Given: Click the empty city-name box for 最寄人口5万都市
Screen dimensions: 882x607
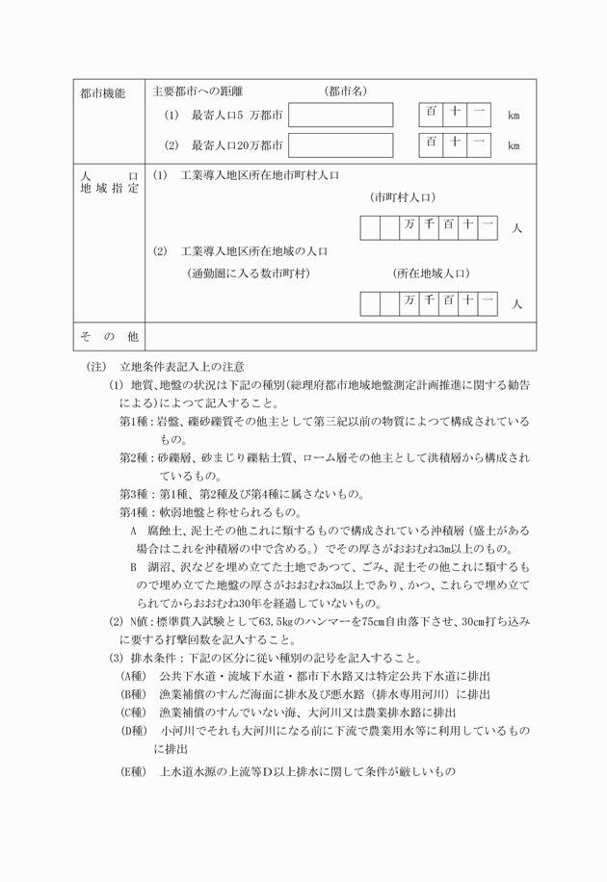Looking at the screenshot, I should pyautogui.click(x=340, y=115).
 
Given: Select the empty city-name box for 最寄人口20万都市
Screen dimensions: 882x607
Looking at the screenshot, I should pyautogui.click(x=340, y=145).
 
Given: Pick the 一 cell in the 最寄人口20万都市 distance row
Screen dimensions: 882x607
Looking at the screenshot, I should pyautogui.click(x=479, y=144).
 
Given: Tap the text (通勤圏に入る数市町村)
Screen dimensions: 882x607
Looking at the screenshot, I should pyautogui.click(x=249, y=273).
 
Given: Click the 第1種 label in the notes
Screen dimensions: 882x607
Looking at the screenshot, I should pyautogui.click(x=138, y=422).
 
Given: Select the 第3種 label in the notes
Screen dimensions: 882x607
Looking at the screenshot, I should pyautogui.click(x=138, y=495).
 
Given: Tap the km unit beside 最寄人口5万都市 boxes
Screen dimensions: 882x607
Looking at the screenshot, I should pyautogui.click(x=514, y=116).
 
